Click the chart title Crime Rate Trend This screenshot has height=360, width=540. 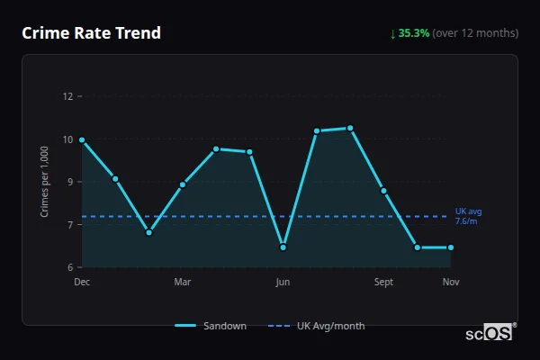click(91, 33)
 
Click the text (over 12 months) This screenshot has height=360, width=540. click(475, 33)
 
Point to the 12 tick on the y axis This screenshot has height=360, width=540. click(67, 96)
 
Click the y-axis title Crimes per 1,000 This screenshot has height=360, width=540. click(44, 183)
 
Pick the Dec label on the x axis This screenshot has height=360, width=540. click(82, 283)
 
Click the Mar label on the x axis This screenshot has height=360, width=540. click(183, 283)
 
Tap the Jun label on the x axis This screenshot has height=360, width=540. click(283, 283)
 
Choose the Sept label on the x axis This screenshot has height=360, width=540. click(383, 283)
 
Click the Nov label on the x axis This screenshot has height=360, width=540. click(451, 283)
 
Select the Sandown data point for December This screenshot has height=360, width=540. click(82, 140)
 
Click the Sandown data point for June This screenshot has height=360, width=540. click(283, 247)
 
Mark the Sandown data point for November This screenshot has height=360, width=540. click(451, 247)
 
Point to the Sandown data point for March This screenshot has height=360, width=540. click(183, 184)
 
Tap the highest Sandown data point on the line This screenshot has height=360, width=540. click(350, 128)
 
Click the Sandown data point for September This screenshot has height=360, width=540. click(383, 191)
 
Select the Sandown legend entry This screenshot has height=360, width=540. click(211, 326)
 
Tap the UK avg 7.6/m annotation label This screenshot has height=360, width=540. click(467, 216)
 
